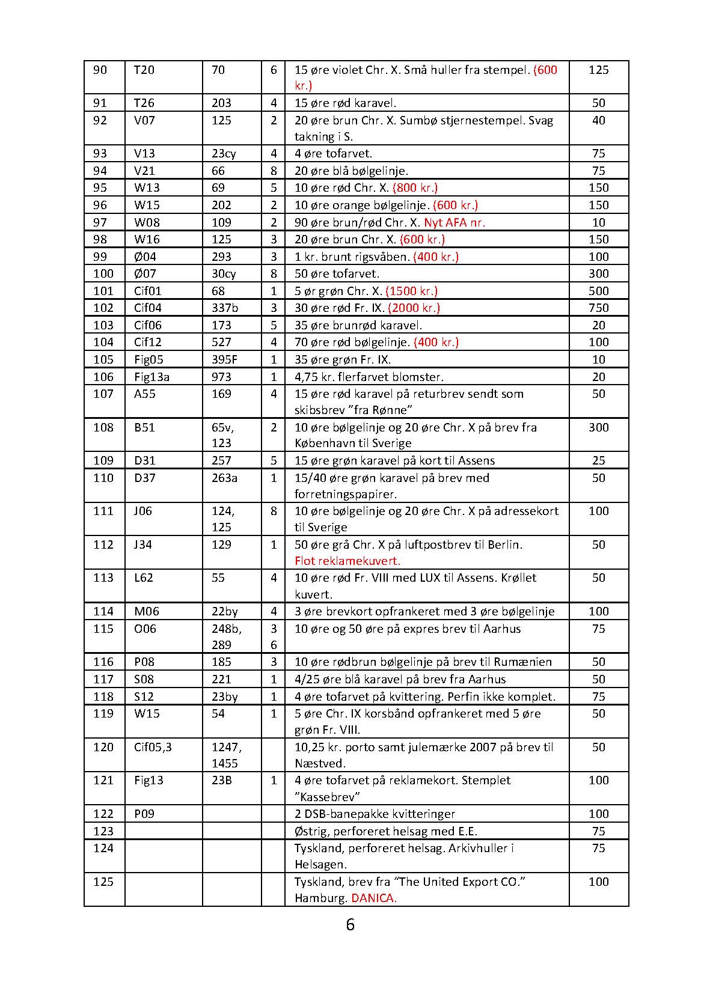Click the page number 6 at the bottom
coord(350,924)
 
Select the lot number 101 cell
coord(103,291)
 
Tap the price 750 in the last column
coord(598,308)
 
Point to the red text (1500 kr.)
coord(411,291)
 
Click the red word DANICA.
coord(373,898)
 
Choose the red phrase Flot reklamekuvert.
coord(347,561)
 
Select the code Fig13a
coord(152,377)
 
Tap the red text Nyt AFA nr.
coord(455,222)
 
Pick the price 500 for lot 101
coord(598,291)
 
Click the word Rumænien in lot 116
coord(522,662)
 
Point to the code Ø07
coord(145,273)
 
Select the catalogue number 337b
coord(225,308)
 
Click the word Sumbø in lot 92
coord(412,120)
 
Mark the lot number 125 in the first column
coord(103,882)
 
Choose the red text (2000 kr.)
coord(414,308)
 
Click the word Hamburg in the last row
coord(320,898)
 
